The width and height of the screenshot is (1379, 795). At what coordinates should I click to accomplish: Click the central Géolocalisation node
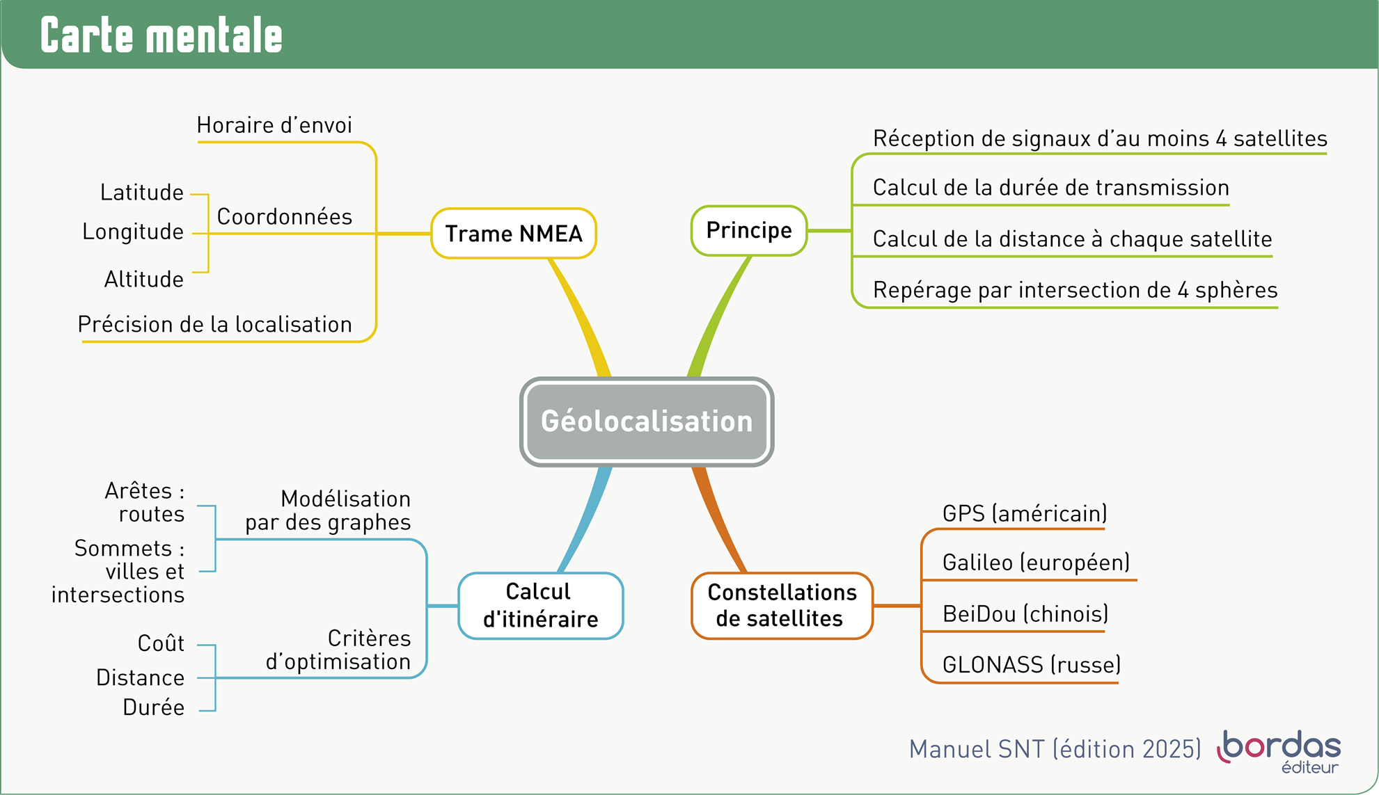pos(647,421)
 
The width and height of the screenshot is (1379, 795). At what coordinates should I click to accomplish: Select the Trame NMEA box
pos(514,234)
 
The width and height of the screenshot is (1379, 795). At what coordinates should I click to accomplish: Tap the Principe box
pos(749,230)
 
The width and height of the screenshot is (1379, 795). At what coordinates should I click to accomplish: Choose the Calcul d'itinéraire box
pos(540,605)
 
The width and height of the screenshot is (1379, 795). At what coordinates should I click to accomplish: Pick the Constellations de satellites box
pos(782,605)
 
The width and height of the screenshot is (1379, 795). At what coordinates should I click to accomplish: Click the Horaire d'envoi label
pos(274,125)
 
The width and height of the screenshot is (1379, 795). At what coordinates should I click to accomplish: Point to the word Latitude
pos(142,193)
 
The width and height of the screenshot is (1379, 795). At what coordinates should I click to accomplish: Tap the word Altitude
pos(144,280)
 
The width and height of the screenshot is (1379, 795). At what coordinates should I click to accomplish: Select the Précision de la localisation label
pos(215,324)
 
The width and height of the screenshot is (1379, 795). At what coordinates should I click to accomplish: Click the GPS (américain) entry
pos(1024,513)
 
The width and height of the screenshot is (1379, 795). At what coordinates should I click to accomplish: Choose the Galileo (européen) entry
pos(1036,562)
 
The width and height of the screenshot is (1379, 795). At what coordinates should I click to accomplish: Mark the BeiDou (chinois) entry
pos(1025,613)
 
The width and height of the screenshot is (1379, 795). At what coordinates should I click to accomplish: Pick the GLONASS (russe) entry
pos(1031,665)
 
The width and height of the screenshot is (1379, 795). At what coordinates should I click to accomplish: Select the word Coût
pos(161,643)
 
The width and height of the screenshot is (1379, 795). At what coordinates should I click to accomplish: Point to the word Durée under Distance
pos(154,707)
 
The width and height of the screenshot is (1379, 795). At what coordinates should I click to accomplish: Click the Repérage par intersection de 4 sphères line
pos(1075,290)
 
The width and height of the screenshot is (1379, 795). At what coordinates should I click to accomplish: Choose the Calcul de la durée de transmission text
pos(1050,188)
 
